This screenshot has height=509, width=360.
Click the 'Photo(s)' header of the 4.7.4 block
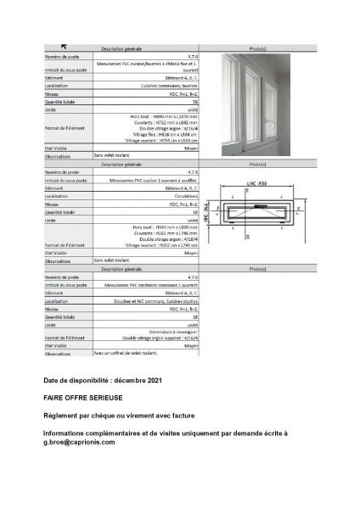253,48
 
